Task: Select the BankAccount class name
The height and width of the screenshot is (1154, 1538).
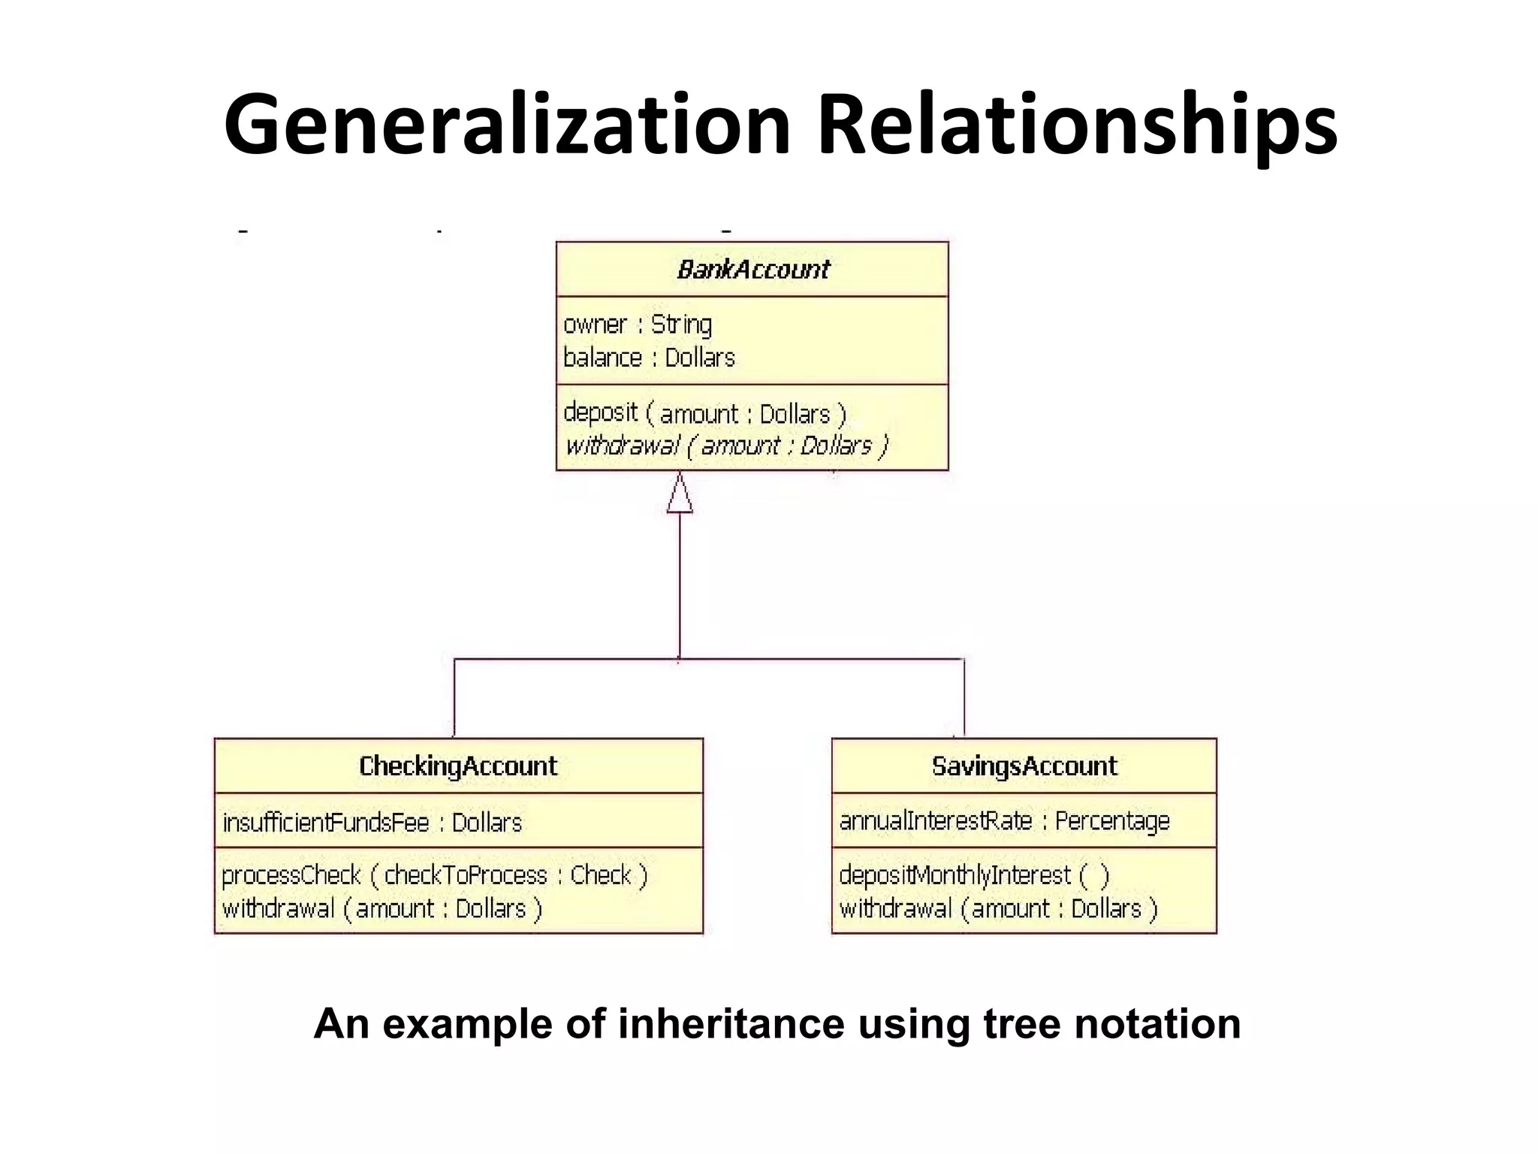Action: (752, 269)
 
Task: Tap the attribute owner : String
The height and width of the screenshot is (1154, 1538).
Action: (638, 325)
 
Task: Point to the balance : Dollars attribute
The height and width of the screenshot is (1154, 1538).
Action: (649, 358)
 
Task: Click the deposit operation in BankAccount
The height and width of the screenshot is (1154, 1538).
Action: (704, 413)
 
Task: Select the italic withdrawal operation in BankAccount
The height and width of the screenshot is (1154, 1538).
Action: (726, 446)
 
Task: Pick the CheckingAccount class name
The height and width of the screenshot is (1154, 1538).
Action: (458, 766)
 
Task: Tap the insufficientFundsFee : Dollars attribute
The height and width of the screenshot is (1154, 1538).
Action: (372, 822)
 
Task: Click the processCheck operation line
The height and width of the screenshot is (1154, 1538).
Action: (434, 875)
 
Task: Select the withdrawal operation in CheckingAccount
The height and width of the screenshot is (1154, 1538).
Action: (381, 909)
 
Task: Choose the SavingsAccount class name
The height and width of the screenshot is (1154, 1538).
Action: (1024, 766)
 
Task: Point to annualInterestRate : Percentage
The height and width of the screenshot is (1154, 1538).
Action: (1004, 820)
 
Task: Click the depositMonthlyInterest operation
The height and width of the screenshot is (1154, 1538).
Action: (973, 875)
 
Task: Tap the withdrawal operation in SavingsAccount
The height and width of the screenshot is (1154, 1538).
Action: (998, 909)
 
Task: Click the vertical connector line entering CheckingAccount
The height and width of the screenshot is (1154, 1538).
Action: (454, 699)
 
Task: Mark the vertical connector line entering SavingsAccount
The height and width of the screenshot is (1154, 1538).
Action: (964, 699)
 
